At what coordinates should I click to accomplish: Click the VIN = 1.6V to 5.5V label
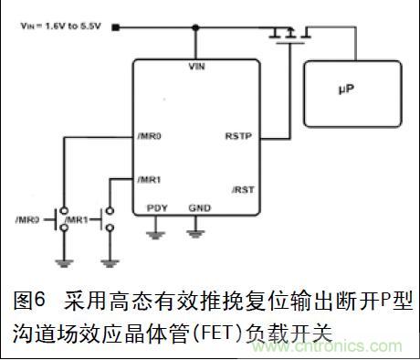(x=59, y=27)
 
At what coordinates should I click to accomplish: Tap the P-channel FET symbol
(x=288, y=35)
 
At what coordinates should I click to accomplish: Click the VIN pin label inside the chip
(x=194, y=68)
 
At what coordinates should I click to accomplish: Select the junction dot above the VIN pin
(x=194, y=27)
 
